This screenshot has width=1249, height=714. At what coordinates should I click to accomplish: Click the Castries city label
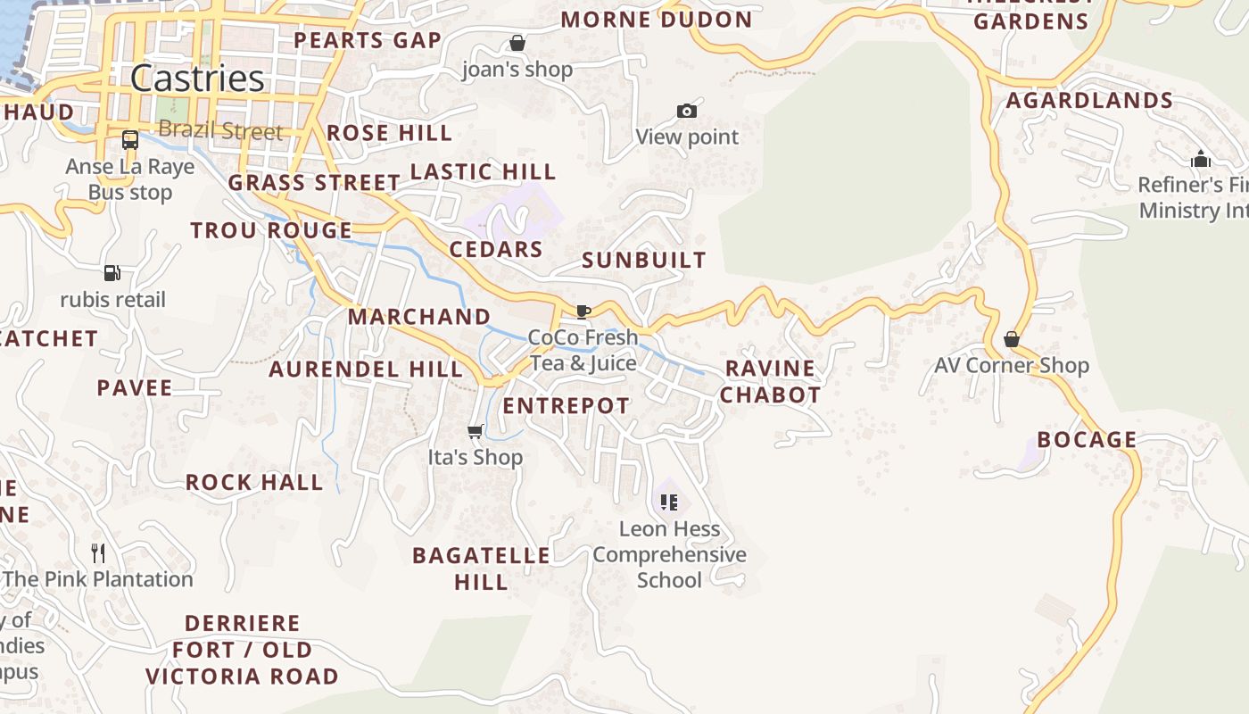[197, 79]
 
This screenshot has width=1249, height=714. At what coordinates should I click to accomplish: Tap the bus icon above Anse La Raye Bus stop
[130, 140]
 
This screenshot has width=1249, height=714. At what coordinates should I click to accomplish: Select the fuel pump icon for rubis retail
[112, 273]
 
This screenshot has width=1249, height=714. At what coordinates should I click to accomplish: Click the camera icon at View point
[687, 112]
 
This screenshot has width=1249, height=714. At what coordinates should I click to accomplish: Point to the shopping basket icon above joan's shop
[517, 43]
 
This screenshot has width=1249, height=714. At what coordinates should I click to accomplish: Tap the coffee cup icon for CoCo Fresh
[583, 311]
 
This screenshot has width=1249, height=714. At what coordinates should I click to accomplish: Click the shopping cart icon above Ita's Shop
[476, 432]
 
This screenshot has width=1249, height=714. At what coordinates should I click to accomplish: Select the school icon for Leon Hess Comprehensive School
[669, 502]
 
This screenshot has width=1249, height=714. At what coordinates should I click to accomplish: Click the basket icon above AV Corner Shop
[1012, 339]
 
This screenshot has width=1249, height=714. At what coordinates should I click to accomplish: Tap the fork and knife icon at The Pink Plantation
[98, 553]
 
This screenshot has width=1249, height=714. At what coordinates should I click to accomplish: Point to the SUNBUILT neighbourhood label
[643, 261]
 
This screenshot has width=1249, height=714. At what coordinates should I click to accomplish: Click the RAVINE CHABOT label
[770, 381]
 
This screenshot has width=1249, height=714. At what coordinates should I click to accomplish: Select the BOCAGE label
[1087, 440]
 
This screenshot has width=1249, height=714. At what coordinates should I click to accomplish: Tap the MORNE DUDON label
[656, 20]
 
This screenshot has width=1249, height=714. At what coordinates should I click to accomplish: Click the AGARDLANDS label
[1089, 101]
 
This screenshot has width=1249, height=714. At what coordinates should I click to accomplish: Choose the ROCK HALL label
[253, 483]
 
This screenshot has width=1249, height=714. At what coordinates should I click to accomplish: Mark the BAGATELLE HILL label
[481, 569]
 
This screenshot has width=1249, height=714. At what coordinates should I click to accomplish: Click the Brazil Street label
[220, 131]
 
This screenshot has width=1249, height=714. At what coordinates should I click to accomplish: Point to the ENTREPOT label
[566, 406]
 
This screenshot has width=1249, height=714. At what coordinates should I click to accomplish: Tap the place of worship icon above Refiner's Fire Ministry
[1201, 159]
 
